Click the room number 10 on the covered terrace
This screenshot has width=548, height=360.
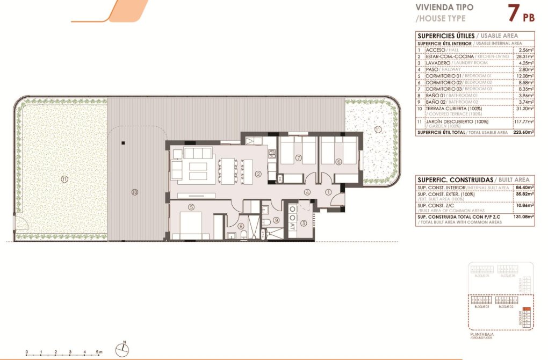click(x=135, y=191)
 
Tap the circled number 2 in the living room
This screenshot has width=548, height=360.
click(x=258, y=174)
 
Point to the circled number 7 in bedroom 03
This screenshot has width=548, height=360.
click(x=298, y=158)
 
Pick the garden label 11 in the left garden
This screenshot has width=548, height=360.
click(x=64, y=179)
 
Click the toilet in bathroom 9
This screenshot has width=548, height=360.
click(x=267, y=222)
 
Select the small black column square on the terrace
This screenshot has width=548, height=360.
click(x=123, y=143)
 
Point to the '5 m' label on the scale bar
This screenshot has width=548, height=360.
click(x=99, y=352)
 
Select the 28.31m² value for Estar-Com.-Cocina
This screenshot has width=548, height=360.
click(x=523, y=56)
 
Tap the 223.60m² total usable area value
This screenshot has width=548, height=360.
click(x=522, y=132)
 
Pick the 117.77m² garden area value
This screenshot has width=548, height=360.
click(x=523, y=121)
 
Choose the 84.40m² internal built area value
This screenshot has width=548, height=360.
click(x=523, y=188)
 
